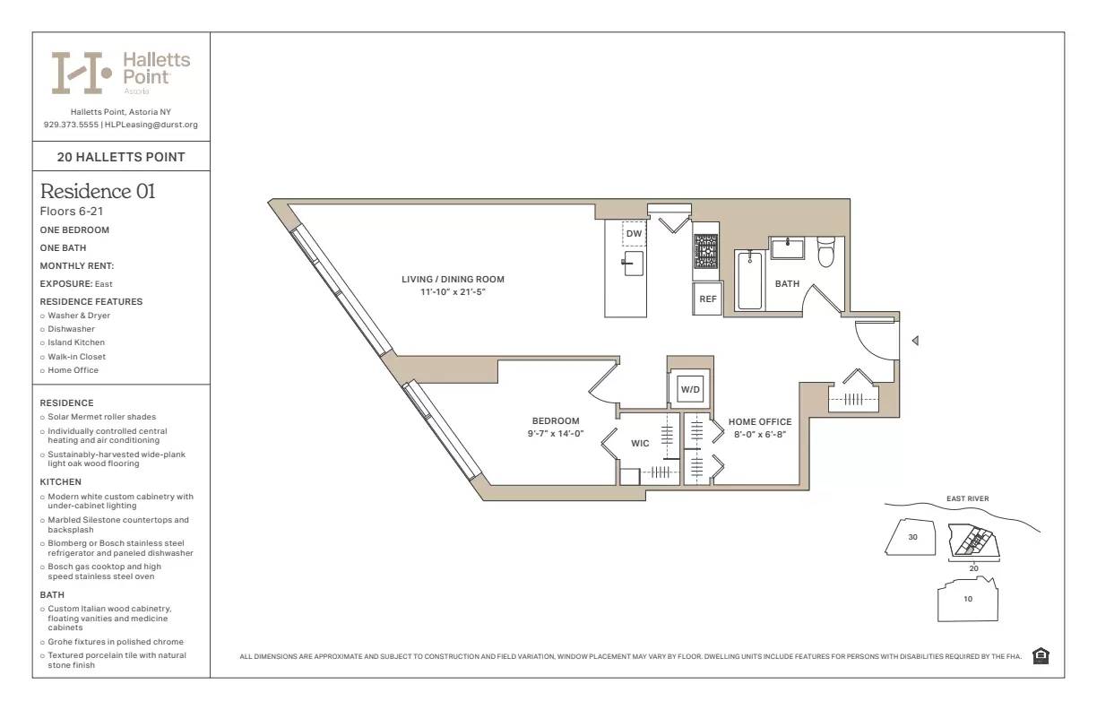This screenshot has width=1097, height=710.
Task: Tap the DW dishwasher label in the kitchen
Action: pyautogui.click(x=634, y=234)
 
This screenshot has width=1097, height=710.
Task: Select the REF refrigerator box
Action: pyautogui.click(x=707, y=299)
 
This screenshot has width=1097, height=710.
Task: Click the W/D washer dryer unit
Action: pyautogui.click(x=689, y=390)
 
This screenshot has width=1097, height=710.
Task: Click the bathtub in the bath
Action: pyautogui.click(x=749, y=280)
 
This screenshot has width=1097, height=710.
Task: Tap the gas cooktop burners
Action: pyautogui.click(x=705, y=251)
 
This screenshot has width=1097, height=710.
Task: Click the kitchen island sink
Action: pyautogui.click(x=634, y=263)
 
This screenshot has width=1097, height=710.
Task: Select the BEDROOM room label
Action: pyautogui.click(x=556, y=421)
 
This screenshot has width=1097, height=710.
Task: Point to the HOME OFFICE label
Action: pyautogui.click(x=760, y=422)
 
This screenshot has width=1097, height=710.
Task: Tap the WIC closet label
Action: pyautogui.click(x=640, y=443)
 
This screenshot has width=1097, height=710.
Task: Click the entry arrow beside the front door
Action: pyautogui.click(x=914, y=341)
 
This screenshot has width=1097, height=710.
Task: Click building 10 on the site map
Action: pyautogui.click(x=967, y=600)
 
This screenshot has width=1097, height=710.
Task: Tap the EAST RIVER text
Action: pyautogui.click(x=967, y=498)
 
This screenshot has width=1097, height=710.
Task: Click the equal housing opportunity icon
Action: pyautogui.click(x=1041, y=656)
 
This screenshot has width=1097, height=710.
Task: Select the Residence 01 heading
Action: pyautogui.click(x=98, y=191)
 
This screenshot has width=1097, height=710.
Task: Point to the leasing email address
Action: pyautogui.click(x=151, y=125)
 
